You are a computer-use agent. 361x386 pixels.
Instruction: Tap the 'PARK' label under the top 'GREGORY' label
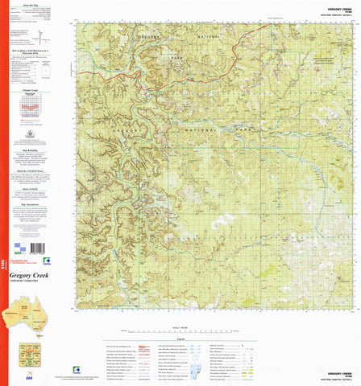point(154,58)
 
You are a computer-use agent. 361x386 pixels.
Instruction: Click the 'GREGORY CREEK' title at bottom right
point(338,373)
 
